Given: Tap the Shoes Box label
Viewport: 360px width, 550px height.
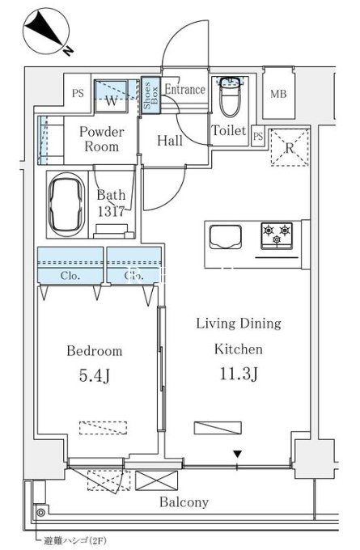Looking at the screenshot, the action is (151, 95).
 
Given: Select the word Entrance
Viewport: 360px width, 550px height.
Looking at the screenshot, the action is (185, 89).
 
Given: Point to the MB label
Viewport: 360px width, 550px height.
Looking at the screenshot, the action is (278, 94).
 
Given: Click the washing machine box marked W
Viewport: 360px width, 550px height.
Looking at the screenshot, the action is (111, 96).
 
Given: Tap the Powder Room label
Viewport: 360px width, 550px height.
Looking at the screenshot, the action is (101, 139).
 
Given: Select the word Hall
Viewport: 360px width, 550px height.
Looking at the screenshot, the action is (169, 141).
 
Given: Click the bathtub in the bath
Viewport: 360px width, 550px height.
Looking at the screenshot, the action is (66, 205).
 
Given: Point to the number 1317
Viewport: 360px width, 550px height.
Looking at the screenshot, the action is (111, 212).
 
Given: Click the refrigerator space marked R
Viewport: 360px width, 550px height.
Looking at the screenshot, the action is (290, 148).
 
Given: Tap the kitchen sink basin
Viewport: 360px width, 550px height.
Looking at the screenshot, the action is (226, 238).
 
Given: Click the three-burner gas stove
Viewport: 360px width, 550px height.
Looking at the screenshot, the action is (277, 235).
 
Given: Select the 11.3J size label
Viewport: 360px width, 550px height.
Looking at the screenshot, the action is (239, 374).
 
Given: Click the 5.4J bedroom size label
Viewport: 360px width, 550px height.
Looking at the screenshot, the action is (94, 375).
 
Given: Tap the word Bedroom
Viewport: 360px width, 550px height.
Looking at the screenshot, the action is (95, 351).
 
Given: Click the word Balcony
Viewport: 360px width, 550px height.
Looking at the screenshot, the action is (184, 502).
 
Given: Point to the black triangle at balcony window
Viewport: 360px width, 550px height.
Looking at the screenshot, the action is (238, 455).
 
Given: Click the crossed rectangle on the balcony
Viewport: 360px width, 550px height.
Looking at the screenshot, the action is (156, 480).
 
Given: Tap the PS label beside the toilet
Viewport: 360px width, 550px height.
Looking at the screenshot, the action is (258, 136).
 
